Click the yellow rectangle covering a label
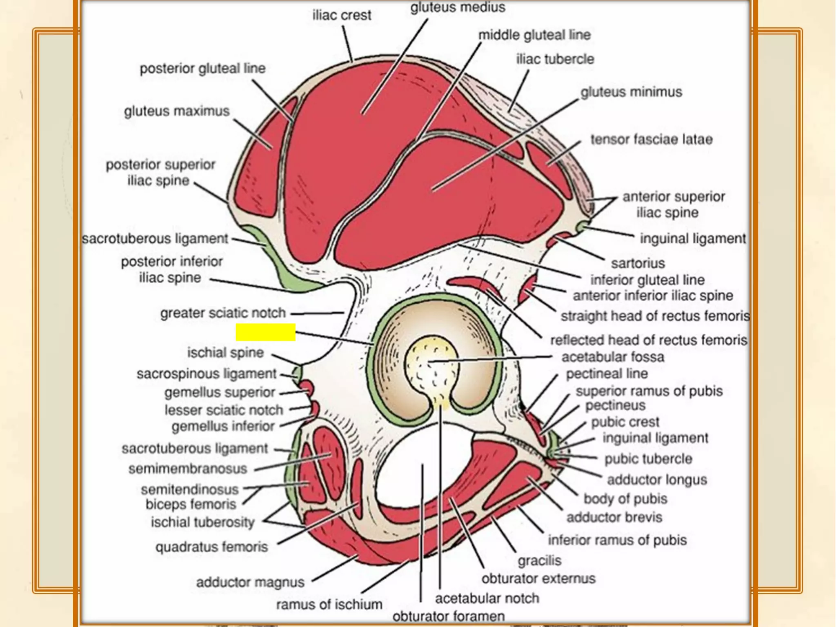point(265,332)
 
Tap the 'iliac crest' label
point(342,16)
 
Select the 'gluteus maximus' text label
point(177,111)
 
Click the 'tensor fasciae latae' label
point(651,140)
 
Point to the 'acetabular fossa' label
point(613,357)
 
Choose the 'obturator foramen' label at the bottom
point(448,616)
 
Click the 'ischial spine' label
point(225,353)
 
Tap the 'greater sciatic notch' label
point(223,313)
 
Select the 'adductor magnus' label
point(250,582)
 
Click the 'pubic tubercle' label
point(648,459)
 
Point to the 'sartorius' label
point(638,263)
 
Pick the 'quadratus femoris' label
point(211,547)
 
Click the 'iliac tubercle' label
point(555,59)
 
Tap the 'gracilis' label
point(539,561)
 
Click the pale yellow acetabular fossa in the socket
point(431,363)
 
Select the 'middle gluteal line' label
point(534,35)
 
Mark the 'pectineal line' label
point(607,374)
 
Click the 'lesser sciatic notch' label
point(224,410)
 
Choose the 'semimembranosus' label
point(188,469)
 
